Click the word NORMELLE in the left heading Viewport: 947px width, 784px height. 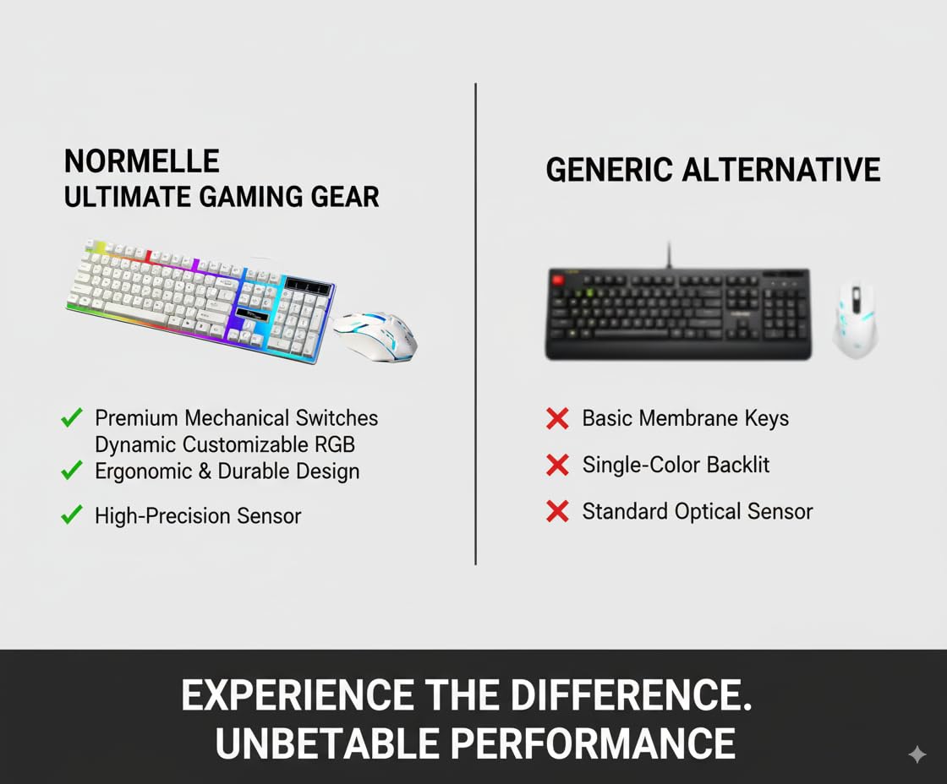141,161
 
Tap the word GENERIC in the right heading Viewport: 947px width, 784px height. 609,170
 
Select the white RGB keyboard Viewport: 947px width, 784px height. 200,300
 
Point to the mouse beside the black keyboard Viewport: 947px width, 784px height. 855,318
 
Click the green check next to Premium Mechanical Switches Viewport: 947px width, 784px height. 72,417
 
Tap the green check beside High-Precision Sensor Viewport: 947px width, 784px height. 72,514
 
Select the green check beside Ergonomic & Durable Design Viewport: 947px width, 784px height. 72,470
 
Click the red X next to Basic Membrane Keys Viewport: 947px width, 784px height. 557,418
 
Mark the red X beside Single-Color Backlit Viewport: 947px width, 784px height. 557,465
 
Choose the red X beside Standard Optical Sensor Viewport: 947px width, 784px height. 557,511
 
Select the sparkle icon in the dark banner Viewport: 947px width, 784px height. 917,754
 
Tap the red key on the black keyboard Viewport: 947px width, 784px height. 557,279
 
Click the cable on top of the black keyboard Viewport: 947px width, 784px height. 670,253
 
